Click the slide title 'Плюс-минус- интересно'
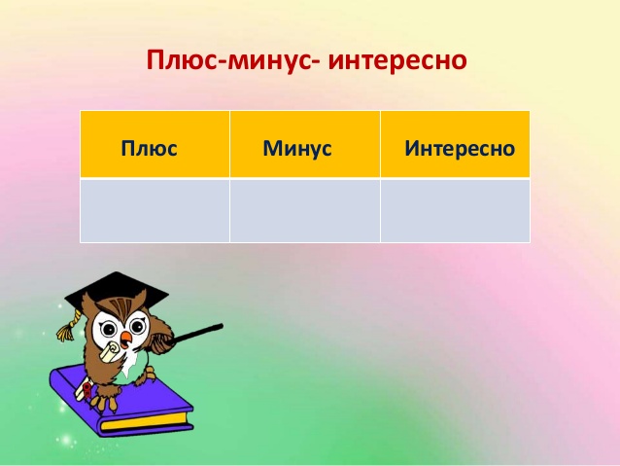click(306, 60)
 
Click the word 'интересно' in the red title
click(397, 60)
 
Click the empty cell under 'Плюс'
click(155, 211)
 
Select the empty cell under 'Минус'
click(305, 211)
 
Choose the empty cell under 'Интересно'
click(455, 211)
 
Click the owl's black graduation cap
click(117, 292)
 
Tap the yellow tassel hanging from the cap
click(68, 327)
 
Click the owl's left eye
click(107, 328)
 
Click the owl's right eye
click(137, 327)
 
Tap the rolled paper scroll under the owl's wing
click(110, 351)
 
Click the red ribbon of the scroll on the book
click(86, 389)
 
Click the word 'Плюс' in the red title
click(181, 60)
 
